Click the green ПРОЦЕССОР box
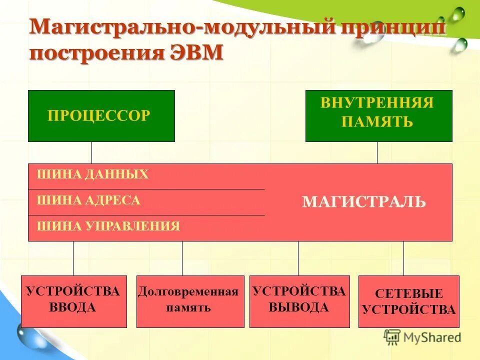tap(101, 116)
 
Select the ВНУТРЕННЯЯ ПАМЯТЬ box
tap(378, 116)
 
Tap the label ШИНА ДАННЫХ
tap(93, 174)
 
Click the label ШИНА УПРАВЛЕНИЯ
tap(108, 226)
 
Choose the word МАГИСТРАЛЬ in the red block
tap(364, 202)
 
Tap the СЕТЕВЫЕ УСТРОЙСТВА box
tap(408, 301)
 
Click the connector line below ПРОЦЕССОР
tap(91, 152)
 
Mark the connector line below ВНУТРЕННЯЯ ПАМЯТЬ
tap(377, 152)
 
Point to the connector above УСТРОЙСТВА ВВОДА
tap(73, 258)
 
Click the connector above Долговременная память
tap(182, 258)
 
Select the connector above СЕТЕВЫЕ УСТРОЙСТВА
tap(403, 258)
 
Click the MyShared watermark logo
tap(422, 337)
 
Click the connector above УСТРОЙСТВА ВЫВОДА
tap(298, 258)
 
